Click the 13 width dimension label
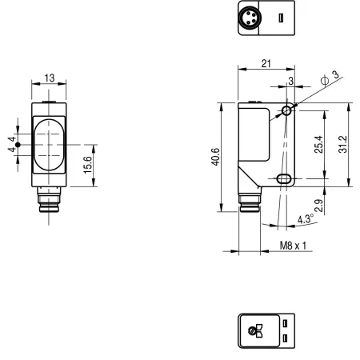(x=50, y=78)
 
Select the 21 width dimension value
(x=266, y=63)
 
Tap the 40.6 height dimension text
(x=216, y=157)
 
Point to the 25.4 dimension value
(x=318, y=144)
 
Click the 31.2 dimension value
(x=343, y=144)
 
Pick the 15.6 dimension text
(x=88, y=165)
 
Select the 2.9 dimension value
(x=318, y=206)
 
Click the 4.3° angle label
(x=306, y=219)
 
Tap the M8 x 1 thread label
(x=293, y=246)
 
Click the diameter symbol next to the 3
(x=325, y=80)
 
